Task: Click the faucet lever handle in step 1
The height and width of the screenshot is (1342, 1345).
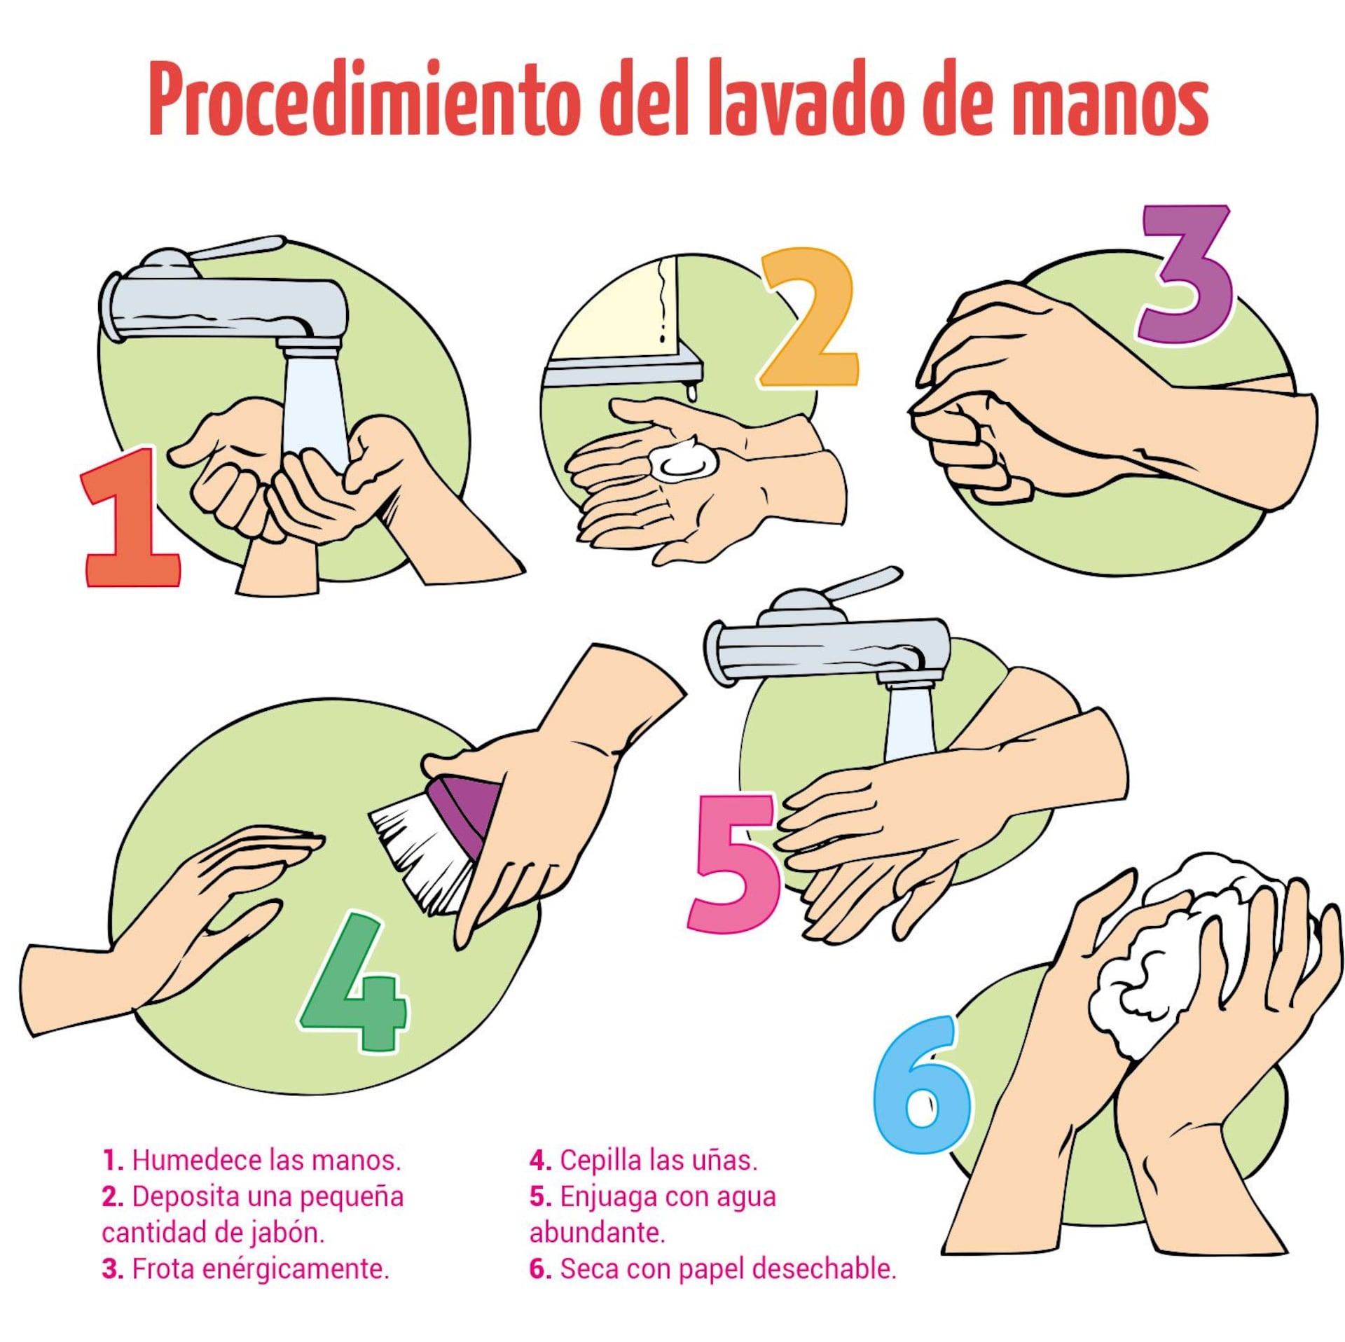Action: click(x=238, y=248)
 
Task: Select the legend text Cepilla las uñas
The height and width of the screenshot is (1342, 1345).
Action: click(x=643, y=1160)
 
